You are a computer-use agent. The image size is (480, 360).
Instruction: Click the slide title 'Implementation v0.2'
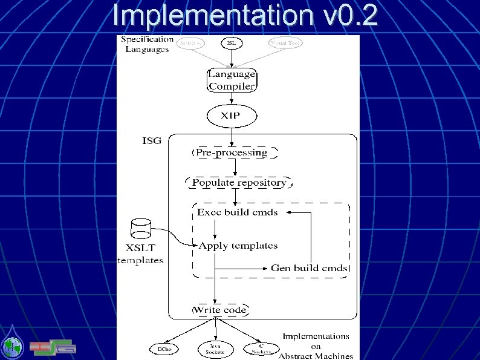click(x=245, y=16)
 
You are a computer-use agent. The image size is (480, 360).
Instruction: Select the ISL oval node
click(x=232, y=43)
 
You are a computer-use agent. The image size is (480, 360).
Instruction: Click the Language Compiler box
click(x=232, y=80)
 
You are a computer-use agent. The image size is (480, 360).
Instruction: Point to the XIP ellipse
click(x=232, y=115)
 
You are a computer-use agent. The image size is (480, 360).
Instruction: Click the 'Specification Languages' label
click(x=147, y=44)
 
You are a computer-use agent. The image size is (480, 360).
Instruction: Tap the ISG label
click(x=152, y=141)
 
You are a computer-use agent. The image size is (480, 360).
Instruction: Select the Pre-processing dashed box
click(x=232, y=152)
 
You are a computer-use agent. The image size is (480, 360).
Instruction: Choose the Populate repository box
click(x=239, y=182)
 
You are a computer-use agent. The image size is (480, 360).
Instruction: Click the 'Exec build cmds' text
click(x=238, y=212)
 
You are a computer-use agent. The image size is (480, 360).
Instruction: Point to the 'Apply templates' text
click(x=238, y=246)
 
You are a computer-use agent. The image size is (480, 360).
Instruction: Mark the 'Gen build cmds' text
click(x=309, y=267)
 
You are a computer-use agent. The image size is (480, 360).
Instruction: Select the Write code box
click(x=219, y=310)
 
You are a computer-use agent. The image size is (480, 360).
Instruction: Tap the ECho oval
click(x=164, y=349)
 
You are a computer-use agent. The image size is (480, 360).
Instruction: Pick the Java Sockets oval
click(x=215, y=349)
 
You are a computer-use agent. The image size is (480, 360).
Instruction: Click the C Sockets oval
click(x=261, y=349)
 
